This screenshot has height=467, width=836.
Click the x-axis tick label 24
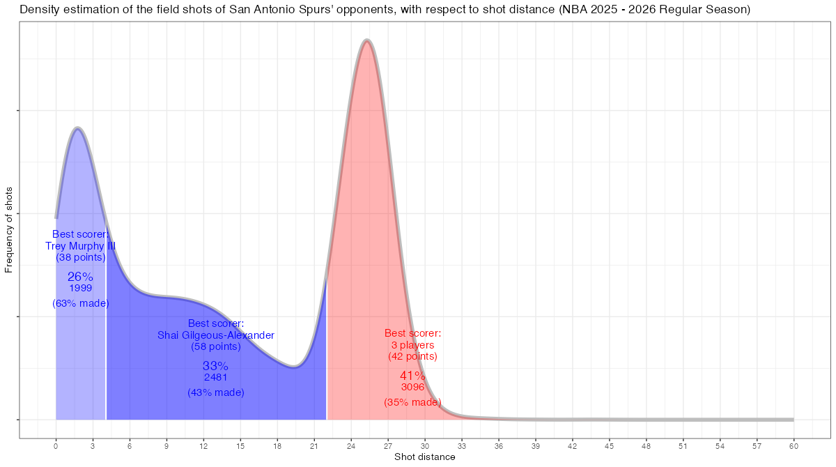click(x=351, y=445)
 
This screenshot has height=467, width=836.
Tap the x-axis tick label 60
click(x=794, y=445)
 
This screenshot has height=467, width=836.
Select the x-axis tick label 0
click(x=56, y=445)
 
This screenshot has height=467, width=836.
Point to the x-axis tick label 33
click(x=462, y=445)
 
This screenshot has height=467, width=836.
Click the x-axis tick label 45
click(x=610, y=445)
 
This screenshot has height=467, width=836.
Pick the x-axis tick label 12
click(x=203, y=445)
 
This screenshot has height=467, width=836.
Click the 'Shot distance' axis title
click(x=424, y=457)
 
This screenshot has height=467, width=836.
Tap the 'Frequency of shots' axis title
click(x=9, y=229)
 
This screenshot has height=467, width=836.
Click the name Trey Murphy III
click(x=81, y=246)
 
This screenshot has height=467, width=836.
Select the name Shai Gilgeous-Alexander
click(x=216, y=335)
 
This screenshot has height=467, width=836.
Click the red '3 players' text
click(x=412, y=345)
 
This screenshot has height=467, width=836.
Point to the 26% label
click(x=80, y=277)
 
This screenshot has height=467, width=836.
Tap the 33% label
click(x=216, y=366)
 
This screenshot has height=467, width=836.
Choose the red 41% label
click(x=412, y=376)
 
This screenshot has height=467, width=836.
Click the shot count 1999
click(x=81, y=289)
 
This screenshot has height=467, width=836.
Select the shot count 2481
click(x=216, y=378)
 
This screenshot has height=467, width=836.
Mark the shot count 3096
click(x=412, y=388)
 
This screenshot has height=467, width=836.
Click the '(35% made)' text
click(x=412, y=402)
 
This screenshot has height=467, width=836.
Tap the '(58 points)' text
click(x=216, y=346)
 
